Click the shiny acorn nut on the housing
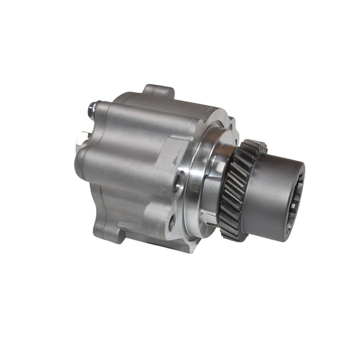(x=92, y=110)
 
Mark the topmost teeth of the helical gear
(x=253, y=146)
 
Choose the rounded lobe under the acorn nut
(x=99, y=133)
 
